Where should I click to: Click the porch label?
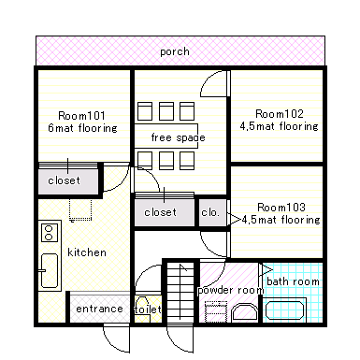pyautogui.click(x=175, y=51)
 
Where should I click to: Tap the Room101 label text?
pyautogui.click(x=81, y=116)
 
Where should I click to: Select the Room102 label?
pyautogui.click(x=280, y=114)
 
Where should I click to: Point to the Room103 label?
pyautogui.click(x=281, y=208)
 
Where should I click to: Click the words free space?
pyautogui.click(x=178, y=137)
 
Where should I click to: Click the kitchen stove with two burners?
pyautogui.click(x=49, y=233)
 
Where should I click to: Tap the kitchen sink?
pyautogui.click(x=50, y=270)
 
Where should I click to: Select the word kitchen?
pyautogui.click(x=87, y=252)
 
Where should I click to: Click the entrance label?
pyautogui.click(x=99, y=309)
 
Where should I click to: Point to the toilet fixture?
pyautogui.click(x=143, y=309)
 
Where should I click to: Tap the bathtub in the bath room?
pyautogui.click(x=285, y=310)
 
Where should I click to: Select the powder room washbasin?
pyautogui.click(x=245, y=311)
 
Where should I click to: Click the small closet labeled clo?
pyautogui.click(x=212, y=213)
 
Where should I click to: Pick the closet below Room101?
pyautogui.click(x=68, y=180)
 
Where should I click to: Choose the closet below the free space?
pyautogui.click(x=165, y=211)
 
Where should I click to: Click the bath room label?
pyautogui.click(x=293, y=281)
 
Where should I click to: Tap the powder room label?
pyautogui.click(x=231, y=290)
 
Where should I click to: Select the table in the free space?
pyautogui.click(x=166, y=136)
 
